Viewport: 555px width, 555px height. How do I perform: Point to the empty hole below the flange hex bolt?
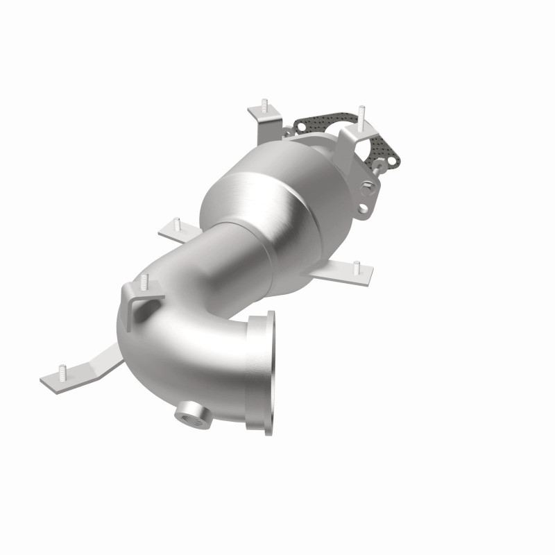[362, 207]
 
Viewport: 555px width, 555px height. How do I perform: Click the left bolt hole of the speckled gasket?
[300, 126]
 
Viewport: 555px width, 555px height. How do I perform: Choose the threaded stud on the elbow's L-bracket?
[144, 280]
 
